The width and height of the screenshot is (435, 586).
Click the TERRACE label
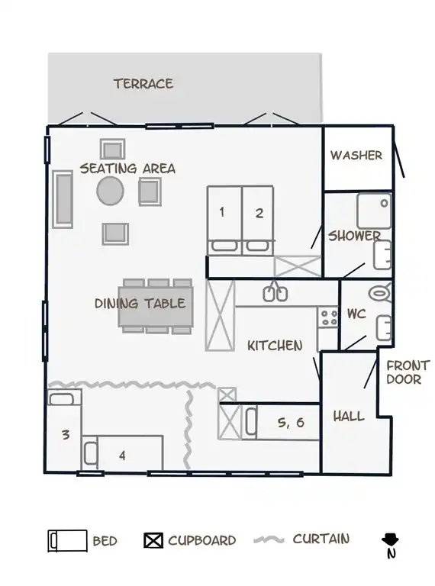click(x=143, y=84)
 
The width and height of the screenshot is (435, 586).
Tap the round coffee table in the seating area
click(x=110, y=191)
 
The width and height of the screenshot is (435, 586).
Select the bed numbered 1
click(x=224, y=221)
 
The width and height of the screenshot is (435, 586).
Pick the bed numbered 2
click(x=258, y=221)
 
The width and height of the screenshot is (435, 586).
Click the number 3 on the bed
click(x=66, y=435)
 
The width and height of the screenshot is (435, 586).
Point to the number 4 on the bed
click(x=122, y=456)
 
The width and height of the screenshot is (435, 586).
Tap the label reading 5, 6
click(x=291, y=422)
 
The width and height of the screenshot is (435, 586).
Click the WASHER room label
click(x=356, y=155)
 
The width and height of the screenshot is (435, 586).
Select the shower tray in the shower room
click(x=374, y=211)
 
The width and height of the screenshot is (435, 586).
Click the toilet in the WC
click(x=380, y=293)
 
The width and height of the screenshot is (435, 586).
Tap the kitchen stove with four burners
click(x=327, y=317)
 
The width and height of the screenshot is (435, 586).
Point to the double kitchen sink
click(x=275, y=294)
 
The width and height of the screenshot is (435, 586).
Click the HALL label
click(x=349, y=417)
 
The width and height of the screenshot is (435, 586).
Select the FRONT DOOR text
click(x=408, y=372)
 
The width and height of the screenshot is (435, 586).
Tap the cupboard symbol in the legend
click(x=153, y=540)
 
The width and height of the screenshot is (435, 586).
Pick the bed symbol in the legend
click(x=68, y=541)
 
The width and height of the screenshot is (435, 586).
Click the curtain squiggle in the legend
click(x=269, y=539)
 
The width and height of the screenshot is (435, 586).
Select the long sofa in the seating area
click(x=63, y=200)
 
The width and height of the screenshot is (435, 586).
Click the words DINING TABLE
click(x=140, y=304)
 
